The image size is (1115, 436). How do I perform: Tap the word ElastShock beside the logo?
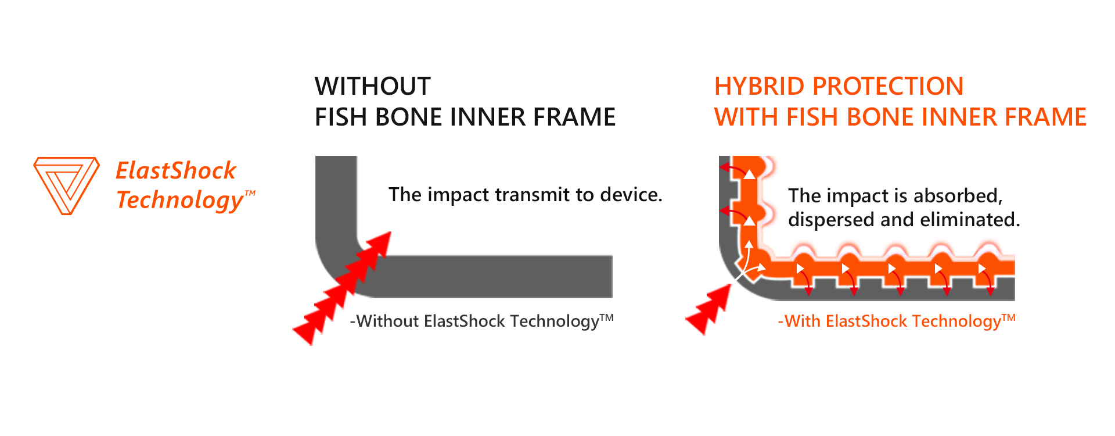pos(176,171)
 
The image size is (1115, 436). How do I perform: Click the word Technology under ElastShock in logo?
pos(180,200)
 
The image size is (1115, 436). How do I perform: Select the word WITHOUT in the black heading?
pos(372,87)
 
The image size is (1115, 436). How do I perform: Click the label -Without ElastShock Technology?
pos(481,321)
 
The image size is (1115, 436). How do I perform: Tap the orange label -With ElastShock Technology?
pos(896,321)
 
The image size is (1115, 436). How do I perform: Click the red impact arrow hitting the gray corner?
pos(342,288)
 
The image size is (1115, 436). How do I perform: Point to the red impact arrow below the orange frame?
pos(708,309)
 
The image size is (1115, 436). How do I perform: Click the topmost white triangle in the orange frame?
pos(750,174)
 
